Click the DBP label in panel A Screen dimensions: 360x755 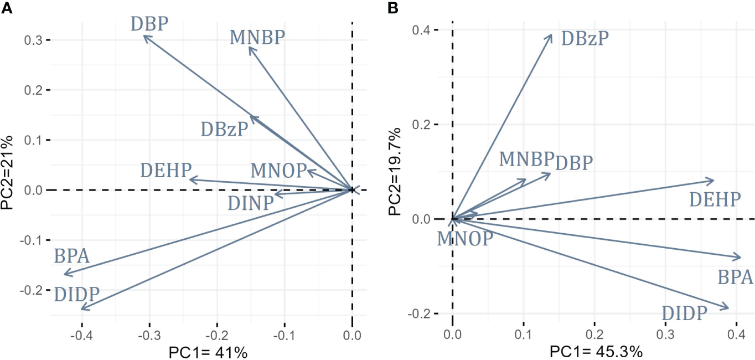149,24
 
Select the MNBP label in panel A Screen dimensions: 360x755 257,38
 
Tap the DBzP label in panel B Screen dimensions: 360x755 585,38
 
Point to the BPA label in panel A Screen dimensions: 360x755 72,256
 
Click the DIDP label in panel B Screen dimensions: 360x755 685,314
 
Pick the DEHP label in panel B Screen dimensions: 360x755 715,199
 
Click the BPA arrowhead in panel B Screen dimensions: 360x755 740,258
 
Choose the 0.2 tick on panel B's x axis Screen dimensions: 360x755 594,336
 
